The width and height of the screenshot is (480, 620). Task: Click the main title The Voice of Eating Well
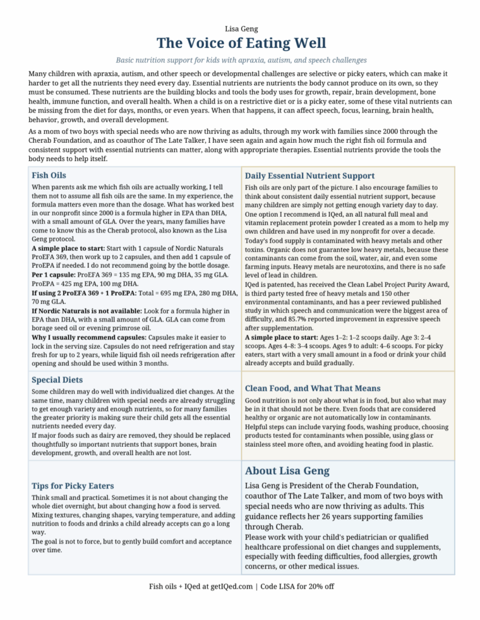pos(240,44)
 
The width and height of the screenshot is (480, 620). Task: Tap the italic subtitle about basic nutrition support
pos(240,60)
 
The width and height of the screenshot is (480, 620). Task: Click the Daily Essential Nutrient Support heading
pos(309,176)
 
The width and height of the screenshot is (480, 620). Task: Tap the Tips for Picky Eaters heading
pos(73,486)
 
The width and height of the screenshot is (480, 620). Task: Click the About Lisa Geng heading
pos(287,470)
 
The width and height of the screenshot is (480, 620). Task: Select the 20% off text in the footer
pos(320,586)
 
